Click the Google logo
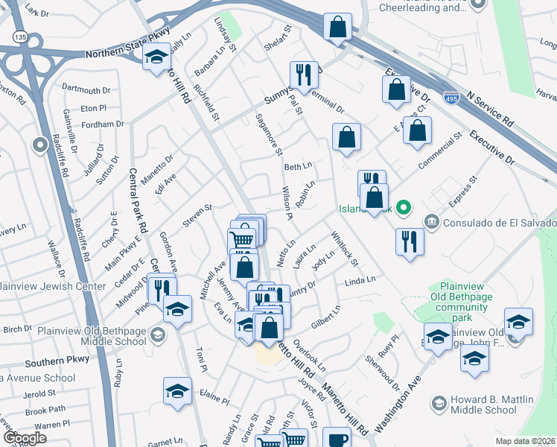point(24,437)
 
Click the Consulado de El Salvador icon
point(431,222)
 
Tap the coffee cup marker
point(337,439)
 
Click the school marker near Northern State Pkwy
point(156,57)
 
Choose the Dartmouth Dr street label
point(86,89)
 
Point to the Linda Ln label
point(360,281)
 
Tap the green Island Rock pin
point(403,208)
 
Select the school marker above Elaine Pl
point(177,391)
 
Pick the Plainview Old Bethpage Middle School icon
point(157,335)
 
